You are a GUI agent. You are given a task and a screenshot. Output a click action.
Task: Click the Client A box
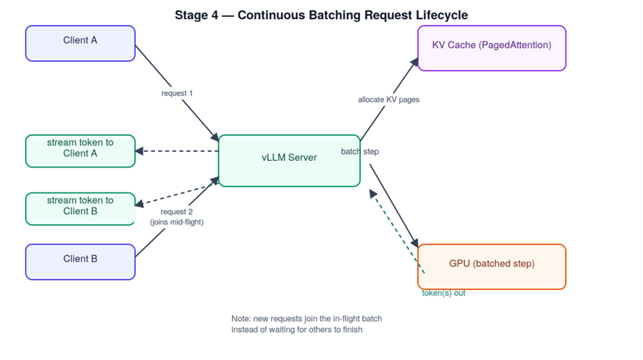coord(80,43)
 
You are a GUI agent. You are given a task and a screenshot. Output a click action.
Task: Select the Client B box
coord(80,262)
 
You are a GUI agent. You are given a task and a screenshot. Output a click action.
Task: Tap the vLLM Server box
coord(289,161)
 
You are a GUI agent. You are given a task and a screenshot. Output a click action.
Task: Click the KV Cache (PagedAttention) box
coord(492,48)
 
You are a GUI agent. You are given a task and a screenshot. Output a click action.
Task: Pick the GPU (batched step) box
coord(492,267)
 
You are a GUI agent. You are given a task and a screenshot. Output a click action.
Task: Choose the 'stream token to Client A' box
coord(80,151)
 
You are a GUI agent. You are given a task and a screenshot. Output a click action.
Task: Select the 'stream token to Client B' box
coord(80,209)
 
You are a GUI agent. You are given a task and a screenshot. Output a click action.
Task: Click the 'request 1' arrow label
coord(177,93)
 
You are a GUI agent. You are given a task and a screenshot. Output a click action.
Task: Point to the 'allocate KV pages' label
coord(389,99)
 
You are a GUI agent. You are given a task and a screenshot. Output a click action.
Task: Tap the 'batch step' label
coord(359,151)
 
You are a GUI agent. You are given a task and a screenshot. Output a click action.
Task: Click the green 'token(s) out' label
coord(444,292)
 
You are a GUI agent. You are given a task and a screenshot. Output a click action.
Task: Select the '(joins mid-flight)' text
coord(177,222)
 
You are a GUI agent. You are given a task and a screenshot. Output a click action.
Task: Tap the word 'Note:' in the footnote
coord(241,319)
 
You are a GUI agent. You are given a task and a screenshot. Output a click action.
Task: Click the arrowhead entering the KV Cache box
coord(414,62)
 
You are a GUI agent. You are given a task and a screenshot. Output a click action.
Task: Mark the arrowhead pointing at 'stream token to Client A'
coord(140,151)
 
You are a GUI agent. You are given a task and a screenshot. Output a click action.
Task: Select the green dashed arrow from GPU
coord(397,231)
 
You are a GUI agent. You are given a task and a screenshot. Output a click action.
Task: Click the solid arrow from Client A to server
coord(177,93)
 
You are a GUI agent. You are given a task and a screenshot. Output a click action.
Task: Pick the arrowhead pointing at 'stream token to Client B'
coord(140,204)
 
